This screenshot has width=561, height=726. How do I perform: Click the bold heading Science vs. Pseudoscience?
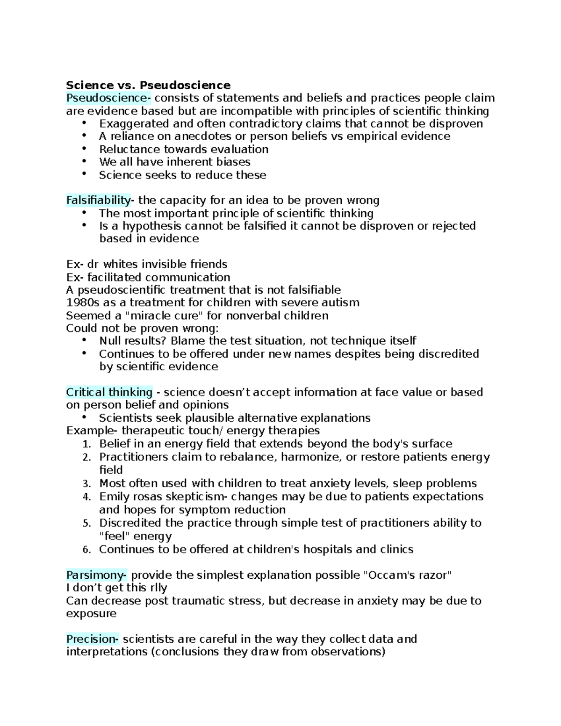pos(148,85)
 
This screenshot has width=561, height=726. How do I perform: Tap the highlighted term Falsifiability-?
pos(100,201)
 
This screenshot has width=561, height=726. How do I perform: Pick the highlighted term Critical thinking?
pos(109,392)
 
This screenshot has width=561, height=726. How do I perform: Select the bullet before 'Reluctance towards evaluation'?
pos(84,149)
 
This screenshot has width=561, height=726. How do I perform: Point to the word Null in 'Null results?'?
pos(109,341)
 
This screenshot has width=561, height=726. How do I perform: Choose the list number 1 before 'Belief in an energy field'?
pos(86,444)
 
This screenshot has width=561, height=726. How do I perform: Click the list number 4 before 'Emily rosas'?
pos(86,497)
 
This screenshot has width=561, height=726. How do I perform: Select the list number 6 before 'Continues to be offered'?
pos(86,550)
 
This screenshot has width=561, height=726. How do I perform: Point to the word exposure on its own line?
pos(91,613)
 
